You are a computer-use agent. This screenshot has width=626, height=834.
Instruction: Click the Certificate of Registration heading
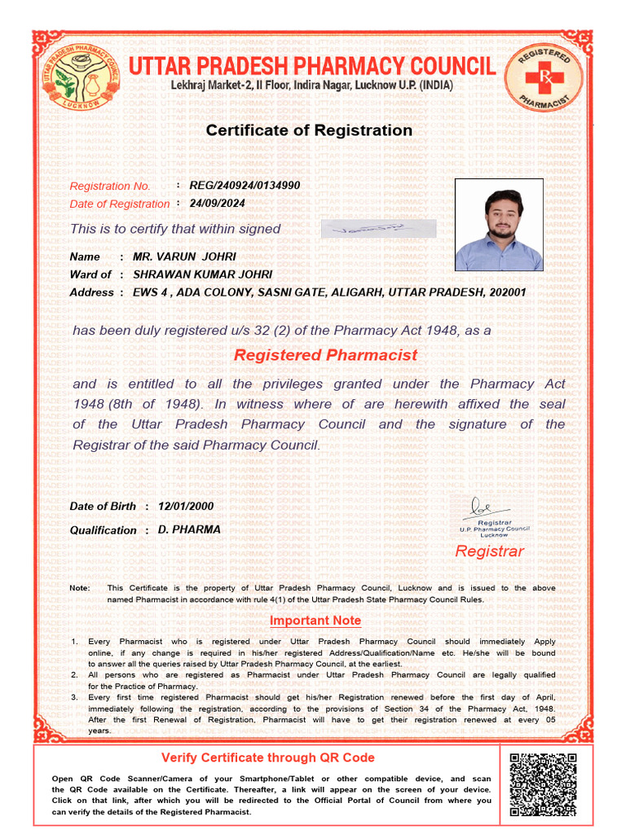point(309,130)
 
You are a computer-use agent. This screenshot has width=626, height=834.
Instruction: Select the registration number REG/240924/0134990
point(245,186)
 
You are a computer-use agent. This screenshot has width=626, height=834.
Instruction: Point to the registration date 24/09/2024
point(217,204)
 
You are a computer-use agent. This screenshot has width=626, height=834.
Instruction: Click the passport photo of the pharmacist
point(499,225)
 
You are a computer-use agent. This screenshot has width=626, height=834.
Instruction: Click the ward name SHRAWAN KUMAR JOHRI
point(202,274)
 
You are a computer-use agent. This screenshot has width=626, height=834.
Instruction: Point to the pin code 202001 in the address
point(505,292)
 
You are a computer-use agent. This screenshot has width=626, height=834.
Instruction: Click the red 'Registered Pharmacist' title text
point(325,355)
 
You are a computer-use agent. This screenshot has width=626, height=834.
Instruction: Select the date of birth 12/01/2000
point(186,506)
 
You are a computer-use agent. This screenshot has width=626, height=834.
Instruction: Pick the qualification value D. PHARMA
point(189,529)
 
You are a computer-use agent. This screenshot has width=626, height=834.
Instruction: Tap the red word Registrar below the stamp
point(489,551)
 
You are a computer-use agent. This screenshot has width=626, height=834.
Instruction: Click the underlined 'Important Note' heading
point(315,621)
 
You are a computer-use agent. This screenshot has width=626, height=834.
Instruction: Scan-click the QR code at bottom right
point(543,784)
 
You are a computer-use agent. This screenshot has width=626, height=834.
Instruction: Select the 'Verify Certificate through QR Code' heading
point(268,757)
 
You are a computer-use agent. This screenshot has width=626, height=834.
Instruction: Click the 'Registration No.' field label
point(110,187)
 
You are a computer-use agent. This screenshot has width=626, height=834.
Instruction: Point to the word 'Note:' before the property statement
point(80,588)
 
